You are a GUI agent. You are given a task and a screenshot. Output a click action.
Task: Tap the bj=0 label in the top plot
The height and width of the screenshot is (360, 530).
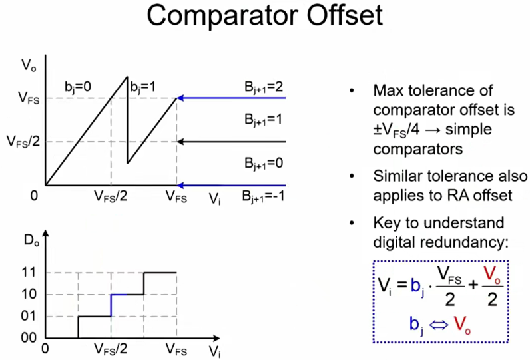point(78,87)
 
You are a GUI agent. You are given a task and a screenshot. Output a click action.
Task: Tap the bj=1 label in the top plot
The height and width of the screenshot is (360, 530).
point(144,87)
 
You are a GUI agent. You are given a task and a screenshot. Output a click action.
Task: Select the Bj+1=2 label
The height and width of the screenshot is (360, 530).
point(264,87)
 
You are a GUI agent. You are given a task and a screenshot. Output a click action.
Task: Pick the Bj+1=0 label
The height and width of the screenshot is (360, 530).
point(264,163)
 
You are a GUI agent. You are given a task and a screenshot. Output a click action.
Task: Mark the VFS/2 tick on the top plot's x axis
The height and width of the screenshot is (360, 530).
point(111,198)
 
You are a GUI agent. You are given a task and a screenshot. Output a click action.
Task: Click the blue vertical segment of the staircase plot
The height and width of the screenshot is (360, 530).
point(111,305)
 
